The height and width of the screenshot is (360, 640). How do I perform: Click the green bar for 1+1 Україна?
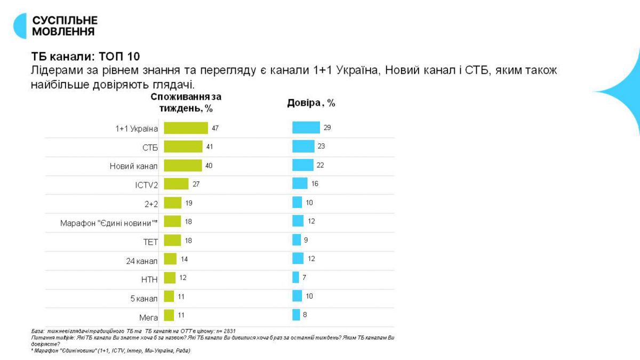tap(186, 128)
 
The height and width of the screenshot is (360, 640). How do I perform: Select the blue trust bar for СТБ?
tap(303, 146)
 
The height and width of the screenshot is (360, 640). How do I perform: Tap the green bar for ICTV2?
tap(176, 184)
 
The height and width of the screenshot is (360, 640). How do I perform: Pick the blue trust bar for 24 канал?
tap(298, 259)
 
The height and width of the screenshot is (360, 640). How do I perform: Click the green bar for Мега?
tap(169, 315)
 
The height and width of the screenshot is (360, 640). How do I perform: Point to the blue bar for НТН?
tap(295, 277)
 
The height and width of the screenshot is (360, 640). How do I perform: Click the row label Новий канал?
tap(134, 166)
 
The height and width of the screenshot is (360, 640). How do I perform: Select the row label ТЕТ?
tap(151, 242)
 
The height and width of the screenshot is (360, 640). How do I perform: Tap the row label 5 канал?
tap(144, 298)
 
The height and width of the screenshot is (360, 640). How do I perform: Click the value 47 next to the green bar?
tap(215, 128)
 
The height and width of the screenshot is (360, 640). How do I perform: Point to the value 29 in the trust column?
tap(327, 127)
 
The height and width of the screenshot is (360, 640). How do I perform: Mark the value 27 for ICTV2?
tap(196, 184)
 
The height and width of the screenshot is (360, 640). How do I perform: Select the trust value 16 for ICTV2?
tap(315, 183)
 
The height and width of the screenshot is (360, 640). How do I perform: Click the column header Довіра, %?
tap(311, 103)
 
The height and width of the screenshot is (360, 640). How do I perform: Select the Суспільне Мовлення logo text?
tap(65, 26)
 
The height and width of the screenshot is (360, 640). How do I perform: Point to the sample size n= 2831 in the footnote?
tap(225, 331)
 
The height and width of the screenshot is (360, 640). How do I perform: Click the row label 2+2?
tap(150, 203)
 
